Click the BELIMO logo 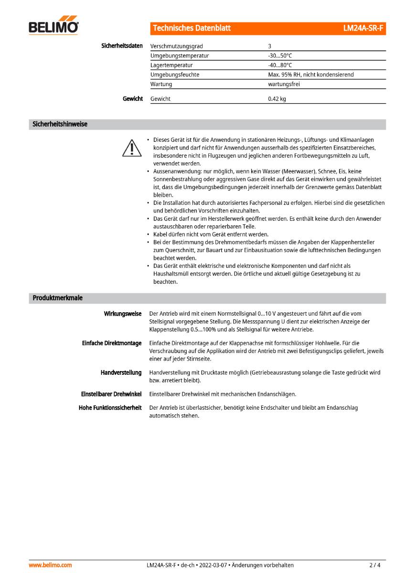point(53,27)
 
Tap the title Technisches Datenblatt point(192,28)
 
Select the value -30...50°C point(280,56)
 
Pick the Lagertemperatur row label point(171,65)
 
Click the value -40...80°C point(280,65)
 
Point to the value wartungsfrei point(284,84)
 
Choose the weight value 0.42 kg point(277,99)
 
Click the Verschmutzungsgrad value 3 point(270,46)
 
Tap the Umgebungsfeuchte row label point(175,74)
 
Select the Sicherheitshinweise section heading point(60,124)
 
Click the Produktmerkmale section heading point(57,298)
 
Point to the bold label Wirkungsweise point(123,314)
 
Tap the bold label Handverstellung point(121,372)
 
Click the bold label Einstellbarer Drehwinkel point(111,394)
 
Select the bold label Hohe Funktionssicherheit point(110,408)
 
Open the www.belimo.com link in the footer point(50,565)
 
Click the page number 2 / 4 point(375,565)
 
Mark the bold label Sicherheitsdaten point(122,46)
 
